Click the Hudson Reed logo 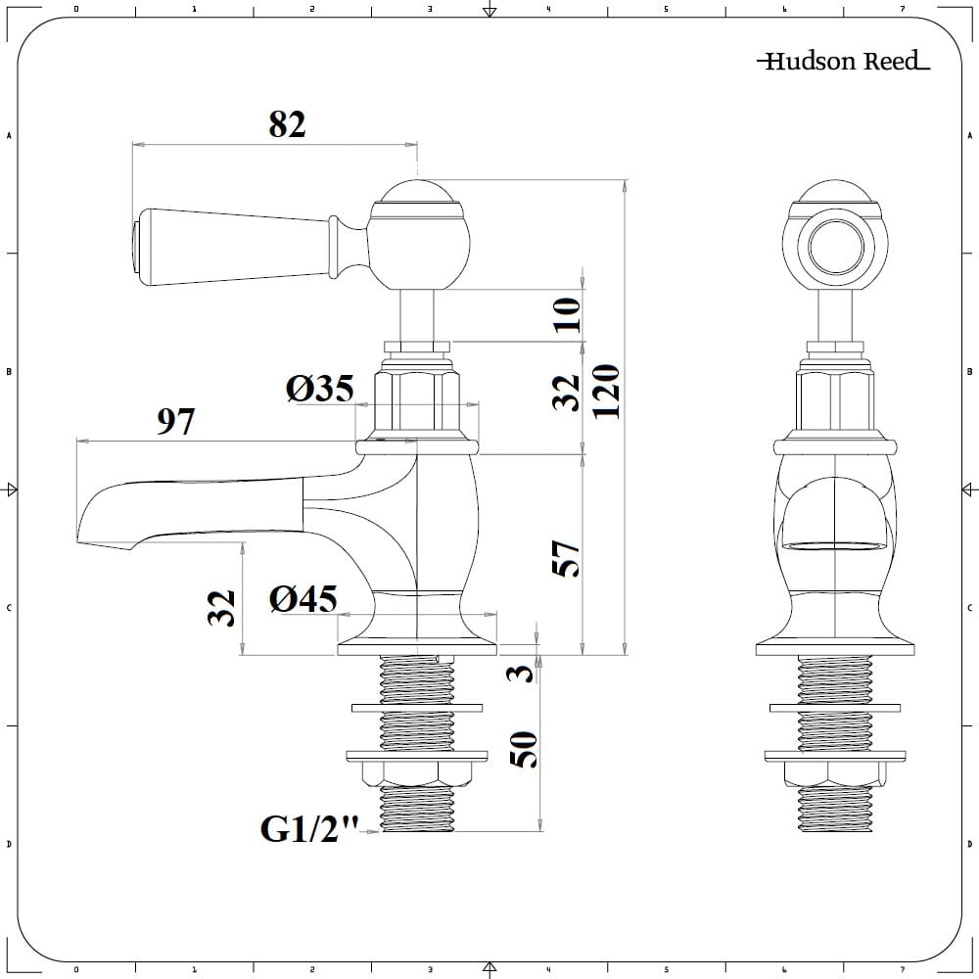point(843,62)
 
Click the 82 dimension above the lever point(287,124)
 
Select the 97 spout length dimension point(176,422)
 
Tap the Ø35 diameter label point(319,389)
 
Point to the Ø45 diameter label point(303,598)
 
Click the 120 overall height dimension point(607,391)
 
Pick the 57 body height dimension point(569,557)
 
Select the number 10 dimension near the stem point(568,315)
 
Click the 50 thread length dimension point(524,749)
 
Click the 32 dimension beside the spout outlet point(223,607)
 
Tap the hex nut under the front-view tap point(835,773)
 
